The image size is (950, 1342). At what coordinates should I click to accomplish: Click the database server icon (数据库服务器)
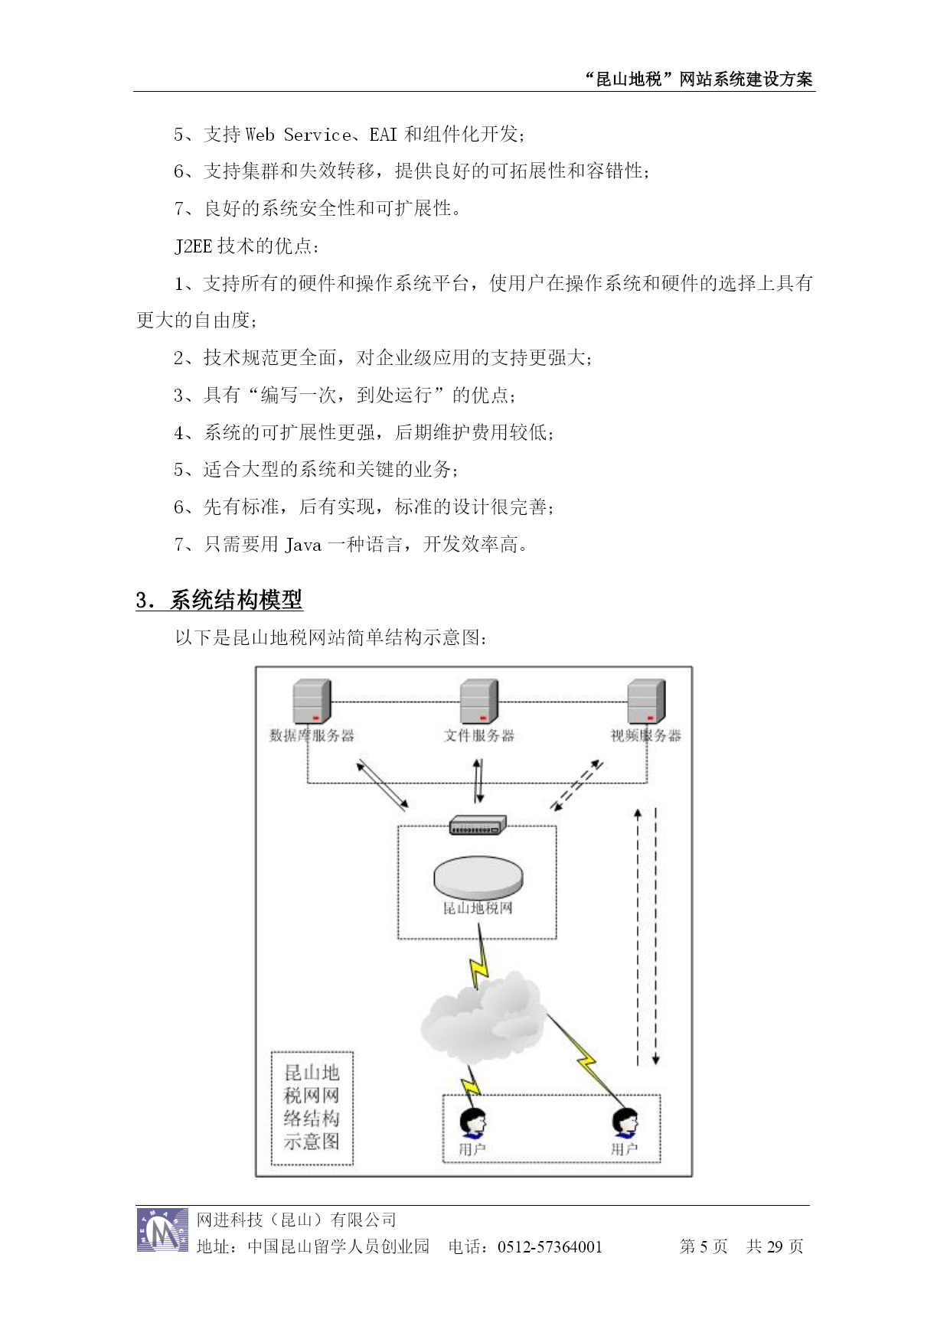click(312, 701)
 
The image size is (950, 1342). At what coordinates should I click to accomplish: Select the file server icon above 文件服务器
click(479, 701)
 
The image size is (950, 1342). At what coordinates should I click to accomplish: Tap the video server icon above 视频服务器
click(646, 701)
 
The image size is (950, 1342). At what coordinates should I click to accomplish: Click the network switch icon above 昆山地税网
click(478, 825)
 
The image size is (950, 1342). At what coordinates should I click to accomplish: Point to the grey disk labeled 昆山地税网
click(478, 877)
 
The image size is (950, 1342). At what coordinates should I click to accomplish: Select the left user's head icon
click(473, 1123)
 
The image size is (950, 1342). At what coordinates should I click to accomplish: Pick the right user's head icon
click(625, 1123)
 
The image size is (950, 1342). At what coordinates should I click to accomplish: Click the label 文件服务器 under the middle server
click(479, 736)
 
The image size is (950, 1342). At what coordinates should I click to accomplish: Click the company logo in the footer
click(162, 1230)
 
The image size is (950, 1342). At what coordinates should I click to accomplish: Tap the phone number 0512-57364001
click(550, 1247)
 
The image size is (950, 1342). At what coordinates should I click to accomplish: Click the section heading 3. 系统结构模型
click(220, 600)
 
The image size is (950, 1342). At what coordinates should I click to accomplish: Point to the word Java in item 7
click(303, 545)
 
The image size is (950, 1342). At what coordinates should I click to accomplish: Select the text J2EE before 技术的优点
click(194, 246)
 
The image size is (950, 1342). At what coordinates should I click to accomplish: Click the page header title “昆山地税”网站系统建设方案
click(698, 79)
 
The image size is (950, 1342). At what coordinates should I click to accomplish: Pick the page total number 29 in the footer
click(775, 1247)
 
